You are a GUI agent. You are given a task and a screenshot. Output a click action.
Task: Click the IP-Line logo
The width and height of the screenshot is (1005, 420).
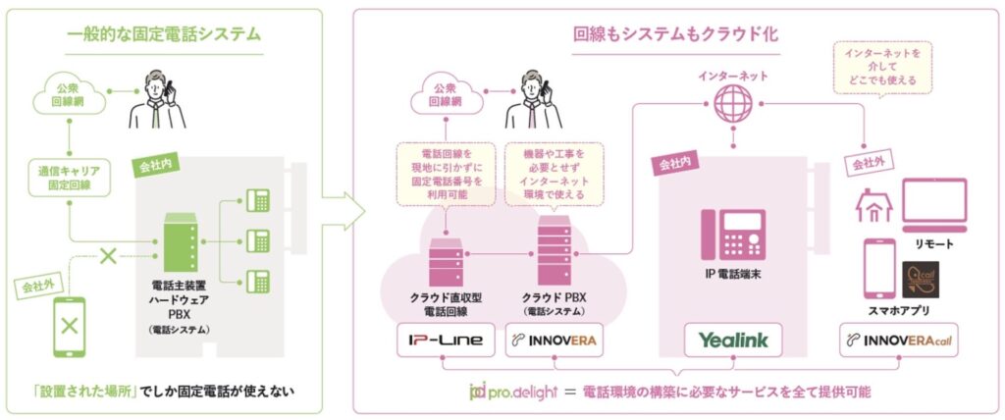click(x=446, y=341)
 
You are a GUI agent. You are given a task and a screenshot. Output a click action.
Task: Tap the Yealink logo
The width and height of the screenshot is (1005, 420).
click(x=732, y=341)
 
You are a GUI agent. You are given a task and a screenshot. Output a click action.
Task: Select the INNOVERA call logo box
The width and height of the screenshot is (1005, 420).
click(x=901, y=341)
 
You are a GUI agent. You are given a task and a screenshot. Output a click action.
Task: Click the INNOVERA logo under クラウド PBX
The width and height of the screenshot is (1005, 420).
click(x=550, y=341)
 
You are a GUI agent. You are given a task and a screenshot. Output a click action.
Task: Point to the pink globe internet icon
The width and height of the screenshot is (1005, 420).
click(x=733, y=101)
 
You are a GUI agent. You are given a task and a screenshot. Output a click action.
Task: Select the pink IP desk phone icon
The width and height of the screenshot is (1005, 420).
click(x=732, y=234)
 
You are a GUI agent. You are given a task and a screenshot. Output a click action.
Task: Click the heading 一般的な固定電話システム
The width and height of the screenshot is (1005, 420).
click(x=164, y=34)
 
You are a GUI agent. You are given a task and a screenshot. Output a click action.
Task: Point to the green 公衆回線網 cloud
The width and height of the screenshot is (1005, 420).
click(x=70, y=95)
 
